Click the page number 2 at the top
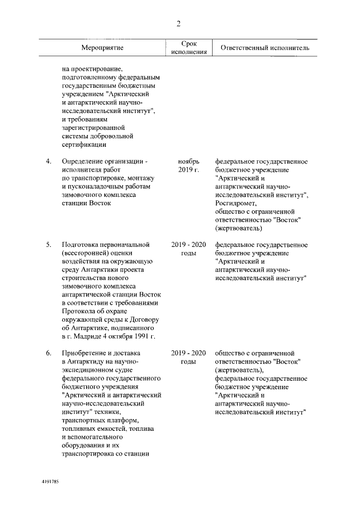pos(179,23)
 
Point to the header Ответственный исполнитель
pos(265,48)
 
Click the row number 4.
pos(49,162)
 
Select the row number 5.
pos(49,245)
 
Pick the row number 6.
pos(49,353)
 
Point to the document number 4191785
pos(51,483)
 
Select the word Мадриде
pos(85,336)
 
